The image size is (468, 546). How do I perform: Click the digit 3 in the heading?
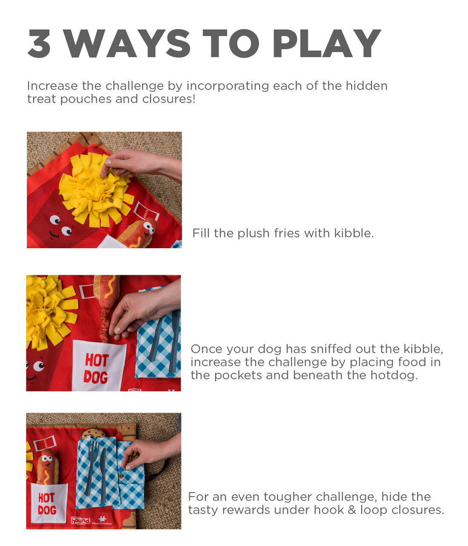pyautogui.click(x=39, y=44)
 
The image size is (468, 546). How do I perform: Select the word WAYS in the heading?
pyautogui.click(x=127, y=44)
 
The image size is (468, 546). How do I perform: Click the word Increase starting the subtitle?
pyautogui.click(x=52, y=86)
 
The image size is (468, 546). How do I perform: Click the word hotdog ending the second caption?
pyautogui.click(x=396, y=375)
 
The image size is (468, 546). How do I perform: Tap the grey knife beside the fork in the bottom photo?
pyautogui.click(x=103, y=473)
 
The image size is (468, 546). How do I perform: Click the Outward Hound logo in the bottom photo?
pyautogui.click(x=80, y=520)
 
